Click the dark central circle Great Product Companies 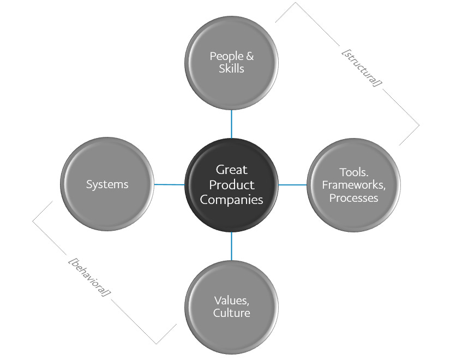point(231,184)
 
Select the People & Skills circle point(231,63)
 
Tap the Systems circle point(107,184)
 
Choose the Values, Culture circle point(231,307)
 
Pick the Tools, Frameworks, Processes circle point(353,185)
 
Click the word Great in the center point(231,170)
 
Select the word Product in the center point(231,185)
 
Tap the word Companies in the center point(231,200)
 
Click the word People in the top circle point(224,56)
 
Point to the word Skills point(231,69)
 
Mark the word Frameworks point(353,185)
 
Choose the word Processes point(353,198)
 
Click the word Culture point(231,313)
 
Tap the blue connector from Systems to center point(169,184)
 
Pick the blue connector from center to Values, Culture point(231,245)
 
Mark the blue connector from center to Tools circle point(293,185)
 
